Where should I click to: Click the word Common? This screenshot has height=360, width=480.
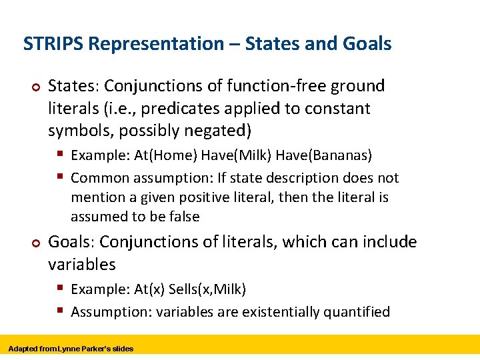100,178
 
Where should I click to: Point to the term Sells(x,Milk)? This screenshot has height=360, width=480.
207,289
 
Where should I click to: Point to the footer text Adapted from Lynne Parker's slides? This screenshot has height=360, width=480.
71,349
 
